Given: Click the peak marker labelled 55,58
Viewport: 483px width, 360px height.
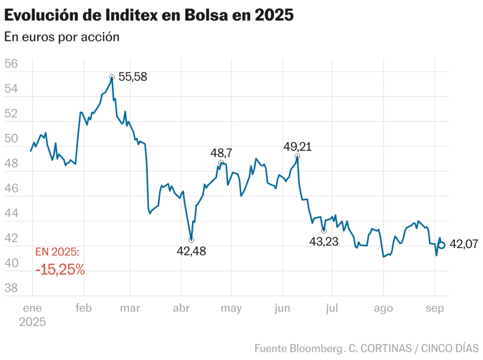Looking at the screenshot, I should (112, 77).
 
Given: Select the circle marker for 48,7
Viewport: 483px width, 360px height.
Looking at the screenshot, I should (221, 163).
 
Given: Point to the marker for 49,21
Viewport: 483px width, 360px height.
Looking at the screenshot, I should (297, 156).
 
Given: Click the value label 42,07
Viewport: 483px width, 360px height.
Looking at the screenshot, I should (464, 244).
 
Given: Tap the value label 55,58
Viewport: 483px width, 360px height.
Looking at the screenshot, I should (133, 77).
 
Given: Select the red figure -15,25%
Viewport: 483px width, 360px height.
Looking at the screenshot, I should (60, 270).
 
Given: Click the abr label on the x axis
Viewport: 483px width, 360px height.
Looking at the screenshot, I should (182, 309).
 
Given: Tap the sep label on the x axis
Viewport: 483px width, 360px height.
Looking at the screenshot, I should (435, 309).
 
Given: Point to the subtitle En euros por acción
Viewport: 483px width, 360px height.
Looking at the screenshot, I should (62, 37).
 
